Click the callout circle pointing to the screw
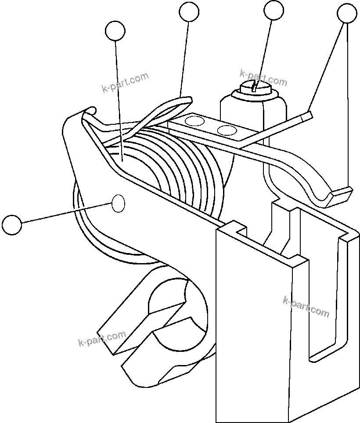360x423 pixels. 273,10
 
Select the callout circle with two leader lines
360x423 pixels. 347,13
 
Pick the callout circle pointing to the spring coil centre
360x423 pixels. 115,31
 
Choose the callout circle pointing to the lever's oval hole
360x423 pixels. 12,224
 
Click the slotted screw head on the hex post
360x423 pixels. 255,87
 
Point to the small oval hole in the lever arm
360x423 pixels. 119,204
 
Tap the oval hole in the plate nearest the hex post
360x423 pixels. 227,130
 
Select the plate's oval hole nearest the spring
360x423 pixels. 196,121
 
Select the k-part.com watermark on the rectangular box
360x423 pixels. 306,307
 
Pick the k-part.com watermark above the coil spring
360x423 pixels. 125,83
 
